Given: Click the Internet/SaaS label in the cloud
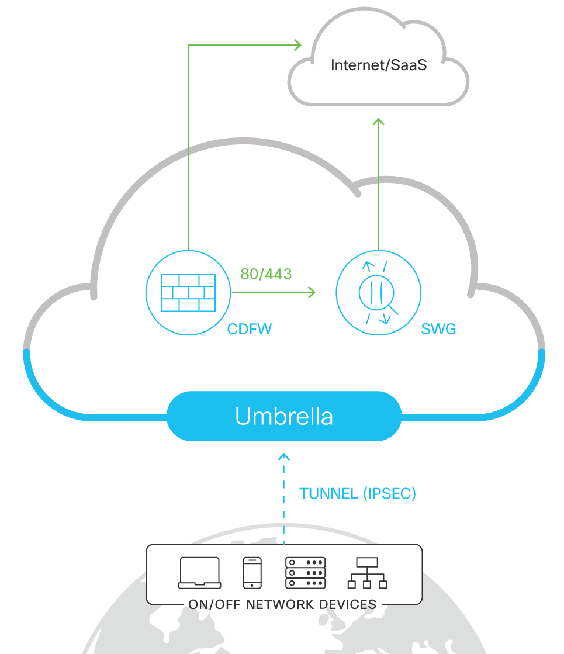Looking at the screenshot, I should [379, 65].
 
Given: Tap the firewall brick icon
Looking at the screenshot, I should [188, 292].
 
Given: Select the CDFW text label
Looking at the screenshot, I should [250, 329].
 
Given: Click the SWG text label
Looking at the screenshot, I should [438, 330].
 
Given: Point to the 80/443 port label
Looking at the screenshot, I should [266, 274].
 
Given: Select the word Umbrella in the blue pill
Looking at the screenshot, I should [284, 416].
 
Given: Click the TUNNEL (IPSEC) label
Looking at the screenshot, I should [358, 493].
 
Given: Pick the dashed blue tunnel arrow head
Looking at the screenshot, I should [284, 456].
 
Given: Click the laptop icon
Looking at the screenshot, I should [200, 573].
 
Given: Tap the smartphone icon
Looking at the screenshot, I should [252, 573].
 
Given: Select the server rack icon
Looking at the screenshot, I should [305, 573].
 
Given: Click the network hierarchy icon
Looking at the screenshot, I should [368, 573].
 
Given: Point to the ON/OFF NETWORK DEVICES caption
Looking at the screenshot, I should [283, 604].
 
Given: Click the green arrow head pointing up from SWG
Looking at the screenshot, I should [378, 121].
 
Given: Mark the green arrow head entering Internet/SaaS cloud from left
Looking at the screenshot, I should [297, 44].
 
